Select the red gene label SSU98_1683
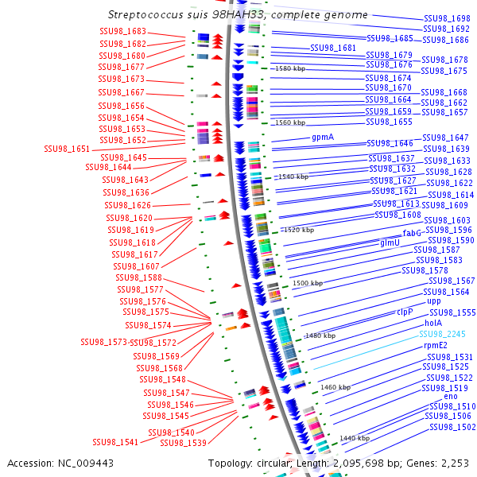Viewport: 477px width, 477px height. (122, 31)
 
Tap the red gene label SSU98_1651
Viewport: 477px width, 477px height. (67, 149)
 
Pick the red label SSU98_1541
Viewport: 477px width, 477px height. (115, 442)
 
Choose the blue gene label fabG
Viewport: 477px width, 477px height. (412, 233)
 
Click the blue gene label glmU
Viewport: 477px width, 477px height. (390, 242)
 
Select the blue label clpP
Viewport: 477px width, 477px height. (405, 312)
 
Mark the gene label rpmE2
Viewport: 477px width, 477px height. (437, 345)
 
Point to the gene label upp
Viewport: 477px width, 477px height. (433, 301)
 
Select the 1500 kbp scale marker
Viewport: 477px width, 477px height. (307, 283)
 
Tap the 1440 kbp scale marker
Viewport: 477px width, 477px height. (354, 438)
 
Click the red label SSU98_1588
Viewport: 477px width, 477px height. (138, 277)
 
